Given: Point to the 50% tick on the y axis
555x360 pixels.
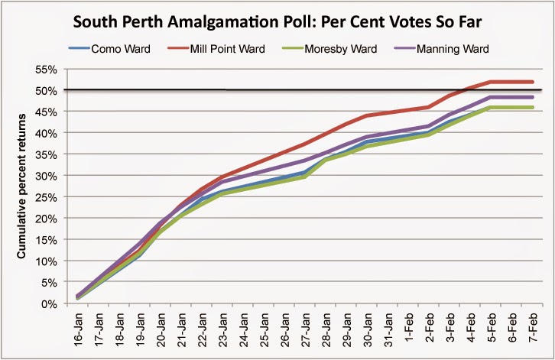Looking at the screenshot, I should tap(47, 90).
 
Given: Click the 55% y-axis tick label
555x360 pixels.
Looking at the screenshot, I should tap(47, 69).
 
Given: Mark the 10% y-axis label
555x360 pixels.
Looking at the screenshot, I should tap(47, 261).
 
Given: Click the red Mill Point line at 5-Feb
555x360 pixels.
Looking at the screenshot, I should tap(490, 82).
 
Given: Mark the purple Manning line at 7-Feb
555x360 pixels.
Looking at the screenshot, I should tap(531, 97).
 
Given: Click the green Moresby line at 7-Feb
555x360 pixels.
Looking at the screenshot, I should tap(531, 107).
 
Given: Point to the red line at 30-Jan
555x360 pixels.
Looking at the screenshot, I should tap(367, 115).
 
